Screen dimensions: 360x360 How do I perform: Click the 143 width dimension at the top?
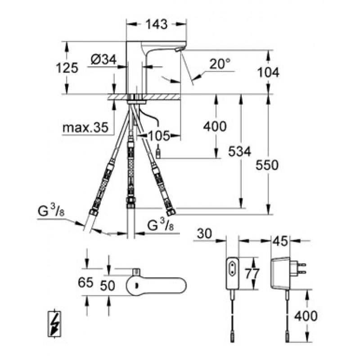point(157,24)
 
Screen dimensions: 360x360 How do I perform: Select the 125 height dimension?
point(67,68)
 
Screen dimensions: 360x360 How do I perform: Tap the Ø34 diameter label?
point(104,60)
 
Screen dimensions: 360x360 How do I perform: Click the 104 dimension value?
point(268,72)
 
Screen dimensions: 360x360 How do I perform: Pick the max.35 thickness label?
point(85,127)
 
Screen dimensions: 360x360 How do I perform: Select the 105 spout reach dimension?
point(159,136)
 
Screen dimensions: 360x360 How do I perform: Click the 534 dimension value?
point(239,152)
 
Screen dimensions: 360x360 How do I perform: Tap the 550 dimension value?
point(267,165)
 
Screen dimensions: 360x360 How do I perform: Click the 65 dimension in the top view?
point(85,283)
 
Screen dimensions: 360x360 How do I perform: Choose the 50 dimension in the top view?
point(108,286)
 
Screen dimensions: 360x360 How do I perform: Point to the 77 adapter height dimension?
point(252,274)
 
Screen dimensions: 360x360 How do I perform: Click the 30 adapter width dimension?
point(205,234)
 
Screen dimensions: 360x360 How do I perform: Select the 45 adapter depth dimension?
point(280,241)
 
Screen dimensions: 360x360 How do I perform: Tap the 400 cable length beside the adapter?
point(306,316)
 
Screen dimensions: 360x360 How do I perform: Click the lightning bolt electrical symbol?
point(54,324)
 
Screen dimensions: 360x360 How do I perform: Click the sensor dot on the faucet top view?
point(137,285)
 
